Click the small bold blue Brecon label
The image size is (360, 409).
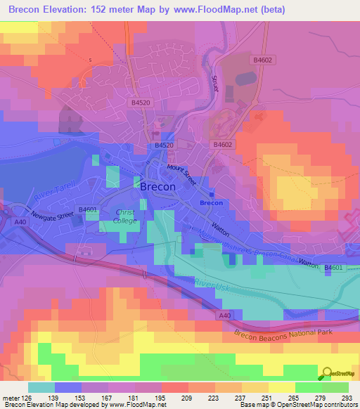(x=211, y=203)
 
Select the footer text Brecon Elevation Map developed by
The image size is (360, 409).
(x=49, y=405)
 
